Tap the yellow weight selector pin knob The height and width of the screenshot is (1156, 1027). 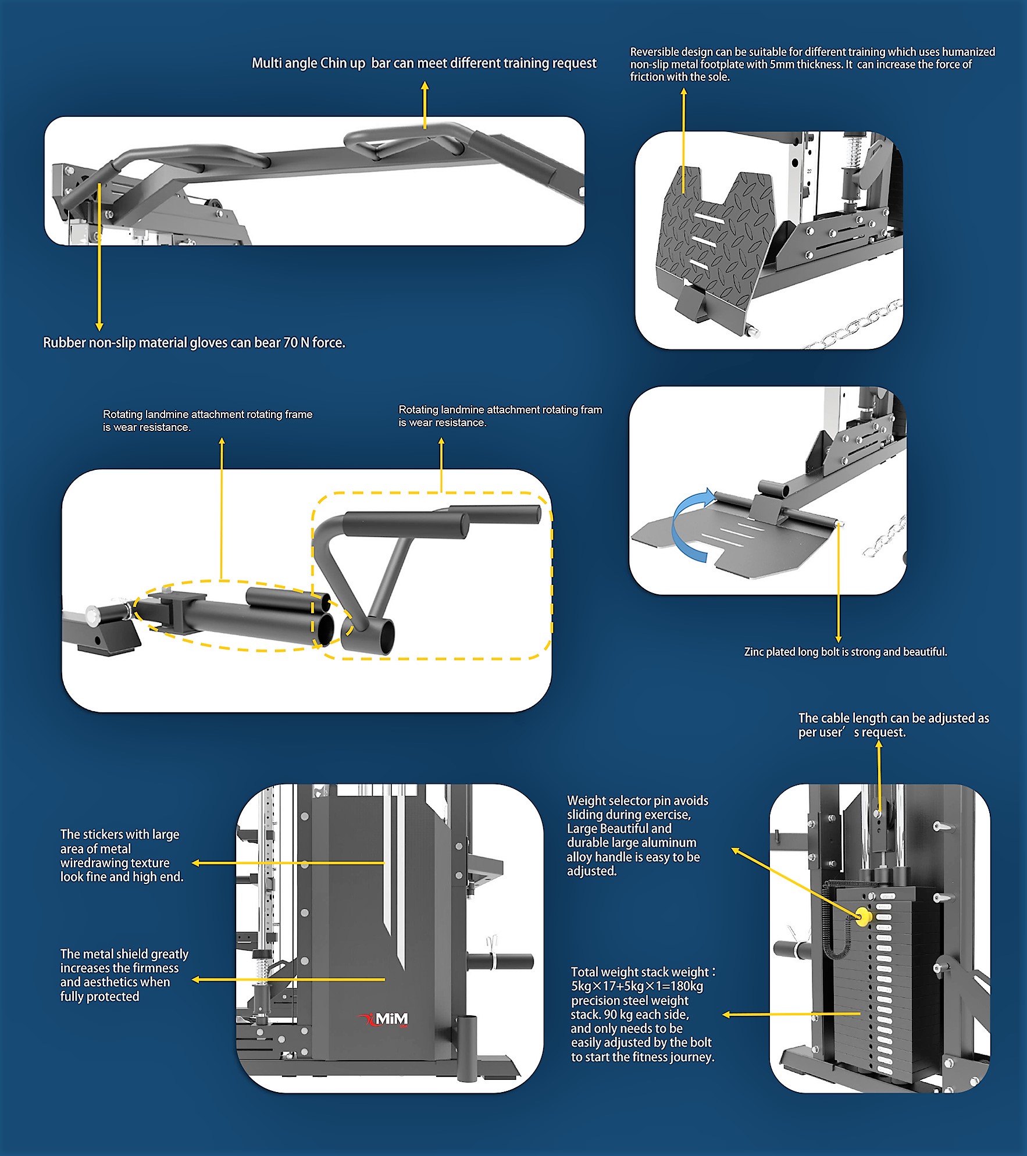(x=864, y=917)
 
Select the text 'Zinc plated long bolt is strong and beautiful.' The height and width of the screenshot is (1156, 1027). (x=845, y=652)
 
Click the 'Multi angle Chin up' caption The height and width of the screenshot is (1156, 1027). (x=308, y=63)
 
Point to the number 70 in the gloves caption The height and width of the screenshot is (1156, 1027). (x=290, y=343)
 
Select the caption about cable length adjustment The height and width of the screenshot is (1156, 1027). (x=893, y=725)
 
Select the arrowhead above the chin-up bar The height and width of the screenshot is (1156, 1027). (x=425, y=85)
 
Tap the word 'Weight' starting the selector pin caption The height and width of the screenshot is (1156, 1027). (x=587, y=801)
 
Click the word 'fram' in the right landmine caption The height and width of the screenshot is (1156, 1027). (x=591, y=409)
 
